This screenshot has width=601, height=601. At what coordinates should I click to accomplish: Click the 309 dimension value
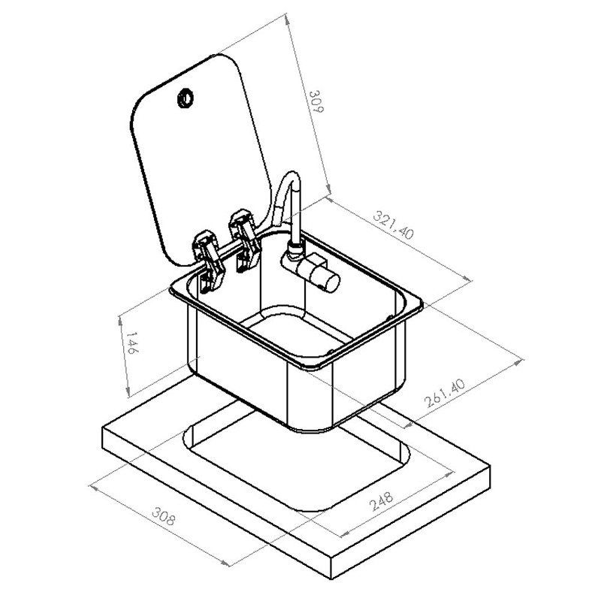[x=316, y=101]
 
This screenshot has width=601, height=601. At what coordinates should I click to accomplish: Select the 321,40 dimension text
[x=394, y=225]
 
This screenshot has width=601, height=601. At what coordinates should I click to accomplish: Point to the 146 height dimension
[x=131, y=343]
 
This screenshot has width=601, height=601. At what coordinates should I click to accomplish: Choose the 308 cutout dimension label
[x=164, y=516]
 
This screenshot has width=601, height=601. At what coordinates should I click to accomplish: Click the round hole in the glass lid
[x=186, y=98]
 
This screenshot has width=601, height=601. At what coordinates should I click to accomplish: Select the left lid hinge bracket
[x=209, y=261]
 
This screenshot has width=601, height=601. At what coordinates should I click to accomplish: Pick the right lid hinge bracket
[x=245, y=240]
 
